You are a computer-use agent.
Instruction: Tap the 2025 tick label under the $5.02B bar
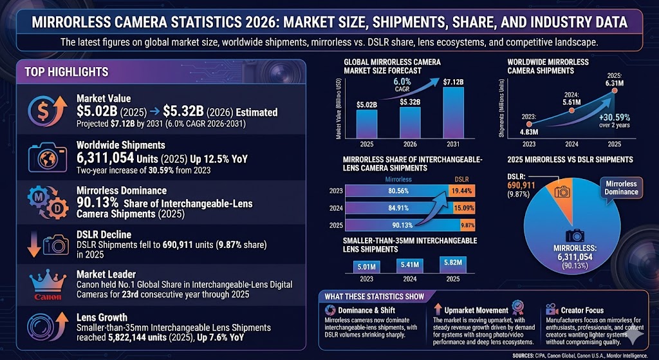[x=367, y=145]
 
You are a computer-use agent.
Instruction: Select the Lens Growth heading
[x=102, y=317]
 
